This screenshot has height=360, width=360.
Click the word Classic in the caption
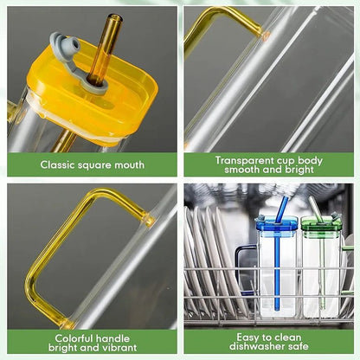click(x=61, y=164)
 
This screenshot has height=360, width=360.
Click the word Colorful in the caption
click(x=75, y=337)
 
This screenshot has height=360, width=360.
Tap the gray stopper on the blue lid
click(x=263, y=217)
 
